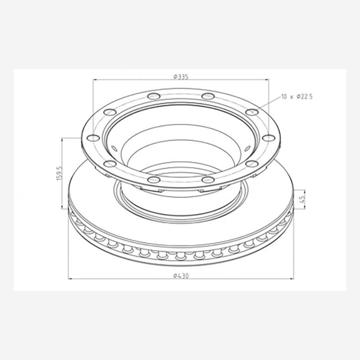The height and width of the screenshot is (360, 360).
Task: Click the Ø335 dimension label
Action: (x=181, y=77)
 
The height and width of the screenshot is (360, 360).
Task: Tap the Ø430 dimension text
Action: (x=181, y=275)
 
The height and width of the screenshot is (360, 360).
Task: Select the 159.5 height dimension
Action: (x=59, y=173)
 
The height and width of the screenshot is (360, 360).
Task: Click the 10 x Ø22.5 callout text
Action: (x=297, y=97)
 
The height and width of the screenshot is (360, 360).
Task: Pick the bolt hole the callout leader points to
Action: (x=252, y=112)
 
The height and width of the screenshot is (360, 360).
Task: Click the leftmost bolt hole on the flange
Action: (x=93, y=138)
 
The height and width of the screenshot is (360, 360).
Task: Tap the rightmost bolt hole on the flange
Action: (x=269, y=138)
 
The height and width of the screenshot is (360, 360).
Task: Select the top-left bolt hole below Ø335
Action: (x=153, y=96)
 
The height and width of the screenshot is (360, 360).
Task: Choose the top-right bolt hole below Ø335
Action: (x=208, y=96)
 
